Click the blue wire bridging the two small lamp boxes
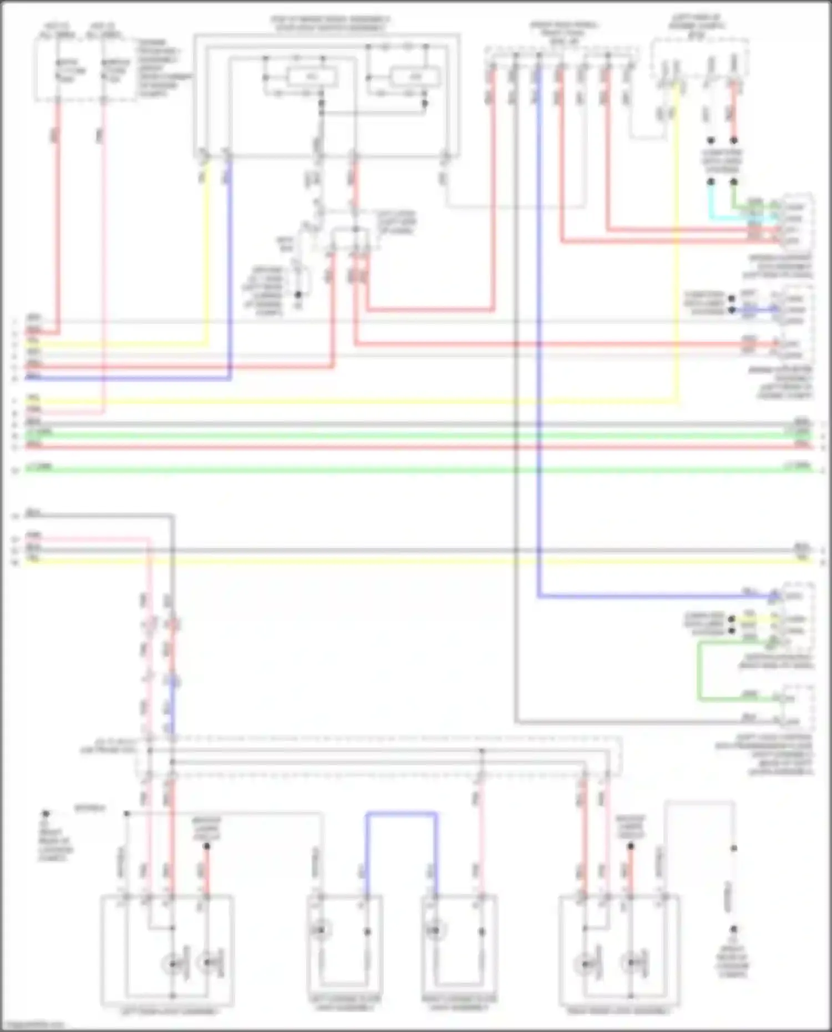tap(401, 815)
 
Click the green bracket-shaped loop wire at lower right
tap(699, 671)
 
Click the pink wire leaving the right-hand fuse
tap(103, 250)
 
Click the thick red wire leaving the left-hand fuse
tap(58, 222)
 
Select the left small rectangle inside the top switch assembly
tap(311, 77)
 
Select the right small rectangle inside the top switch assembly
tap(414, 77)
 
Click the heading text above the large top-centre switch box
tap(329, 23)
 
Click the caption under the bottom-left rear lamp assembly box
tap(168, 1011)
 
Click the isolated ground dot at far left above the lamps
tap(46, 814)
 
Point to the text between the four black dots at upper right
tap(722, 161)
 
